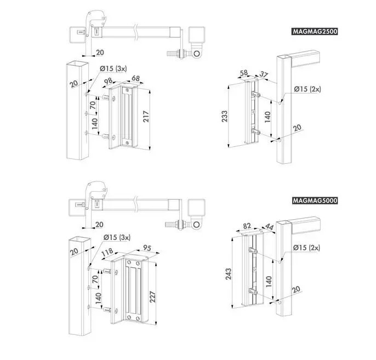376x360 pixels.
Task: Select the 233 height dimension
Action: point(225,116)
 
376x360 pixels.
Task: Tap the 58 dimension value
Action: point(243,73)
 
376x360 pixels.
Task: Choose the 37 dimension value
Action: point(264,75)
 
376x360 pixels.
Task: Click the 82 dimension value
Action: point(247,226)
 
